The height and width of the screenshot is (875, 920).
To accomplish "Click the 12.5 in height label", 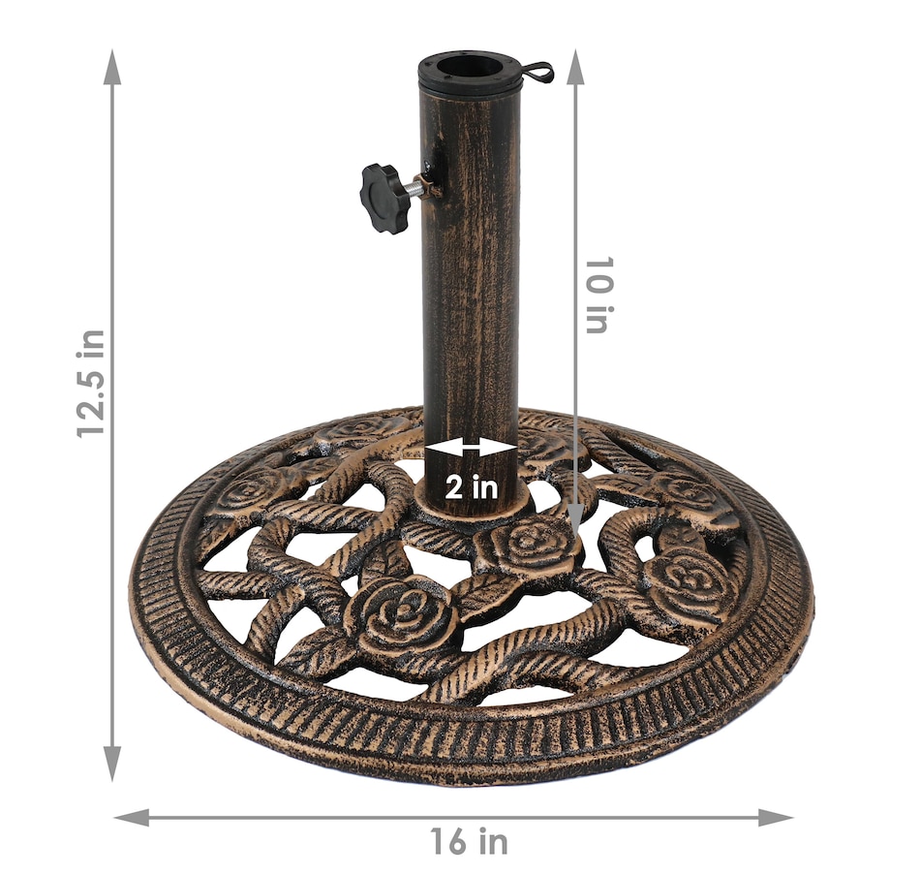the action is pyautogui.click(x=92, y=384).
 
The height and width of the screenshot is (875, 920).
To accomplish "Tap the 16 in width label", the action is pyautogui.click(x=469, y=841).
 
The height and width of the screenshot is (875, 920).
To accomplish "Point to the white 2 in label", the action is pyautogui.click(x=472, y=486).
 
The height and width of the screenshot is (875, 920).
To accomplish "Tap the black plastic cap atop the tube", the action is pyautogui.click(x=469, y=71).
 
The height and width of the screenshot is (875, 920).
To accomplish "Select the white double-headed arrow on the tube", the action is pyautogui.click(x=472, y=448).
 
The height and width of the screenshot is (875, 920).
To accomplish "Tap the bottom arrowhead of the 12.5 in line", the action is pyautogui.click(x=112, y=763).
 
